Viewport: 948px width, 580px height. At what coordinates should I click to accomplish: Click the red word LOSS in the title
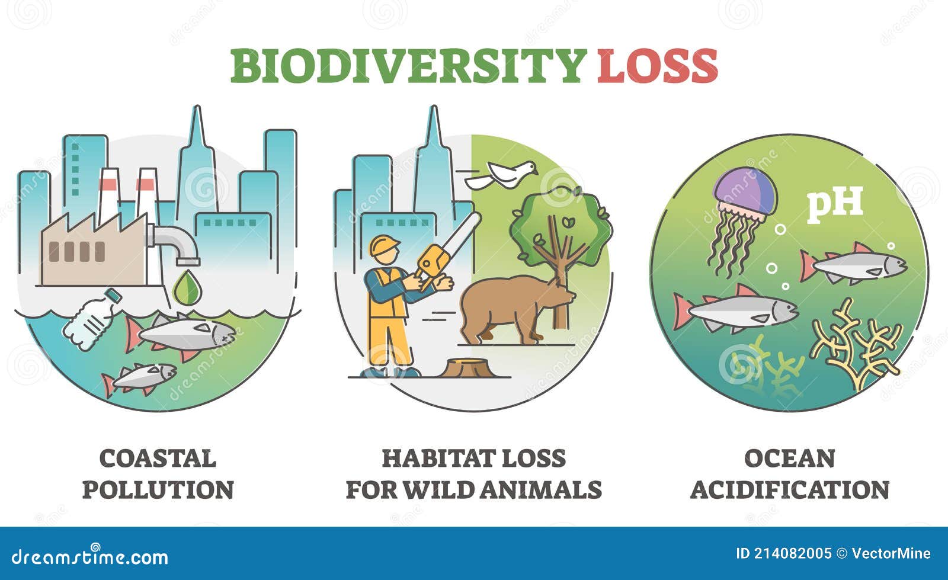(657, 66)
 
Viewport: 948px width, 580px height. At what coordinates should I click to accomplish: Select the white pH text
(835, 206)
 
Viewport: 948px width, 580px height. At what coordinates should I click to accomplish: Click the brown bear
(516, 309)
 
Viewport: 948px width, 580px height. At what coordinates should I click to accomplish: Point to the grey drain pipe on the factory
(174, 242)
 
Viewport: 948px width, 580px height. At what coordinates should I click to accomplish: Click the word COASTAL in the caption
(158, 459)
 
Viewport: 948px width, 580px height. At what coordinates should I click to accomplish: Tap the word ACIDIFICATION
(790, 489)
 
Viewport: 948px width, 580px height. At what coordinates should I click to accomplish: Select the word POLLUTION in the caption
(158, 489)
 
